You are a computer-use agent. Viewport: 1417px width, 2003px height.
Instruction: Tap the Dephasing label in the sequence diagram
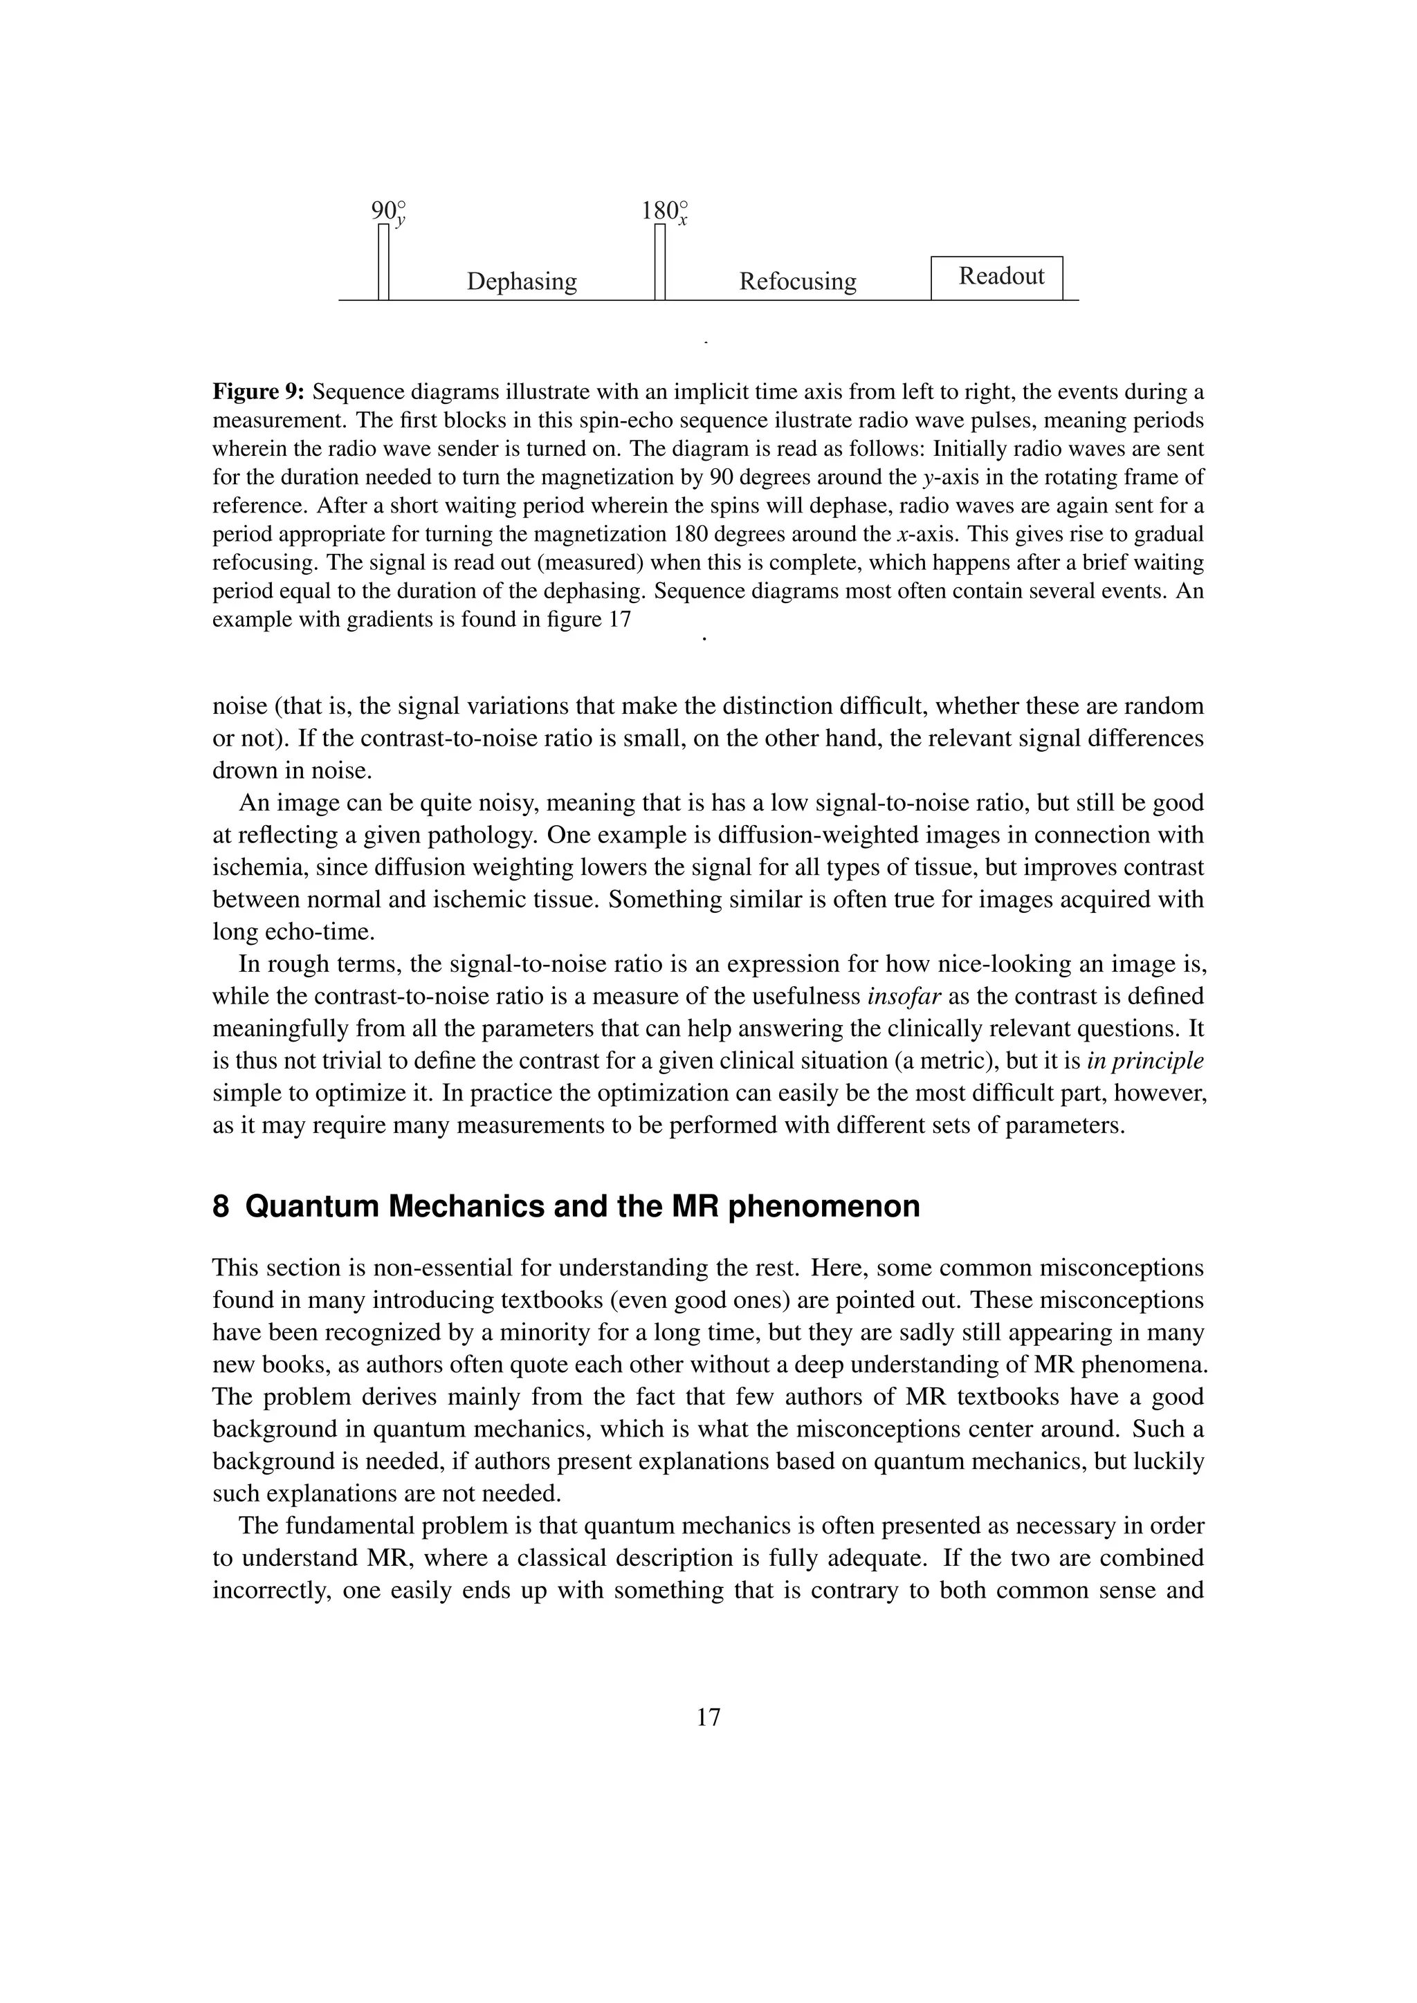522,281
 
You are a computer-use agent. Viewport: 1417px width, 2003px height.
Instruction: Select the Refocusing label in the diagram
798,281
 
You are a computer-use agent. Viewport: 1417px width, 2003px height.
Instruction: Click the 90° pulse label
388,212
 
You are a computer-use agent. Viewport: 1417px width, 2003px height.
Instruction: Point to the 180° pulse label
664,212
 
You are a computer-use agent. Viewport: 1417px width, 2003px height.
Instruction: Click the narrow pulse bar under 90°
383,261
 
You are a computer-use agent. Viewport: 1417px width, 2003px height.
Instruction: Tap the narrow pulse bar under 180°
659,261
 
